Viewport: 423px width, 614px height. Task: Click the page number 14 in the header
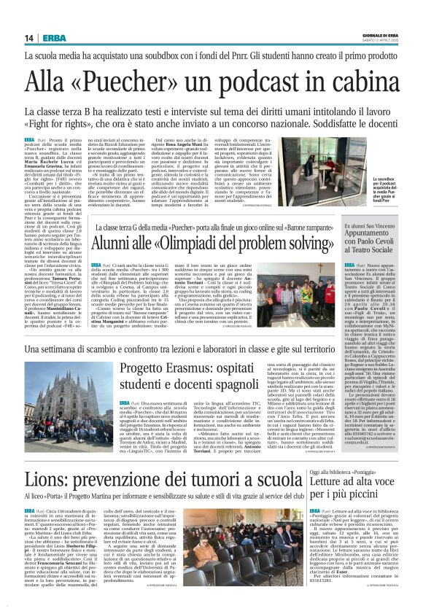pyautogui.click(x=29, y=38)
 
